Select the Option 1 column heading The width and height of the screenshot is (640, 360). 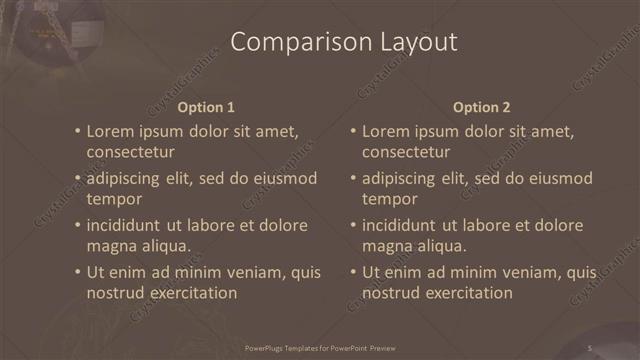206,107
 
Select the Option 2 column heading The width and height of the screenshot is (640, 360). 481,107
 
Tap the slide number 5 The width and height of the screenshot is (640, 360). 590,348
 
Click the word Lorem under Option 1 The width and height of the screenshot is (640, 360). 110,131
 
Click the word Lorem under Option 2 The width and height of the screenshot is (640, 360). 385,131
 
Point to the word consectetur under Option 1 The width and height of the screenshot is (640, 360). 131,152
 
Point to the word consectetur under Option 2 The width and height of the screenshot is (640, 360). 406,152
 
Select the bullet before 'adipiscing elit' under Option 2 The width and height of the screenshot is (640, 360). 352,179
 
